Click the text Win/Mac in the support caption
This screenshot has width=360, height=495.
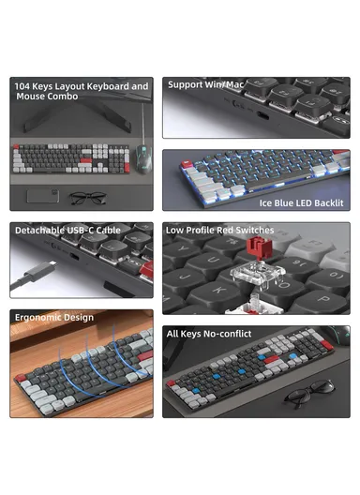point(224,84)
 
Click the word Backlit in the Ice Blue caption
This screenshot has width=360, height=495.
point(325,202)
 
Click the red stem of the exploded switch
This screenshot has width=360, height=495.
point(251,248)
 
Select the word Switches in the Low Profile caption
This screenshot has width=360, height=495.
point(255,230)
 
